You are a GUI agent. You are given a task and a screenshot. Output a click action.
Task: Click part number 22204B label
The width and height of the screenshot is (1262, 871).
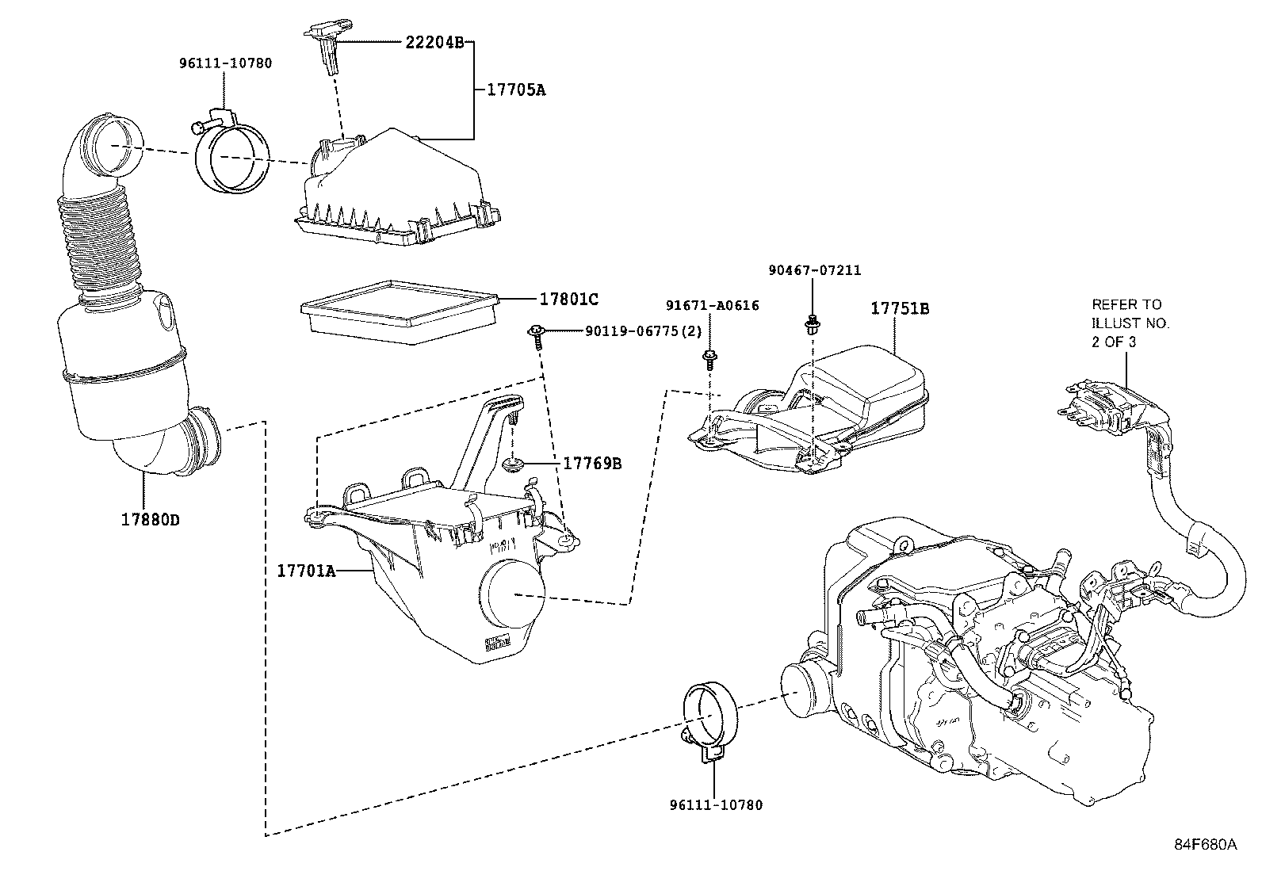[x=434, y=42]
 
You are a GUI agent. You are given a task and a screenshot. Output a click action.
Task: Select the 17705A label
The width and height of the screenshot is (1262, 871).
[x=515, y=90]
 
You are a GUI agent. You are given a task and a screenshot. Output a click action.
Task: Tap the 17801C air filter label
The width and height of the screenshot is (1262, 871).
[x=568, y=300]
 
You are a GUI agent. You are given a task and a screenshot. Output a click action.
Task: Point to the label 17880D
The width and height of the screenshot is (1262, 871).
[x=151, y=520]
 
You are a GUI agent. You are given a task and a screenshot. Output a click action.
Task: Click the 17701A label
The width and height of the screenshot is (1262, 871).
[x=306, y=570]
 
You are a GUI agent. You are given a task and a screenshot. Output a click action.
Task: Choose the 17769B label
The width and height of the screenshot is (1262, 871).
[x=591, y=463]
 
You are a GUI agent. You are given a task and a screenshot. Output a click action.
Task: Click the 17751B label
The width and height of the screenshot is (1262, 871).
[x=900, y=308]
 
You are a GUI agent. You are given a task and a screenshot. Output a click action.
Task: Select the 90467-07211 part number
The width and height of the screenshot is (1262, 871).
[x=814, y=270]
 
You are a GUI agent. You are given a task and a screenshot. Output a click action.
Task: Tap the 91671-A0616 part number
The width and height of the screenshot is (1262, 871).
[x=712, y=306]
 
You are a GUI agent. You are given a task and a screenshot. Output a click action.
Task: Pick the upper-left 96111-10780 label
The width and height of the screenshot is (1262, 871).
[x=224, y=63]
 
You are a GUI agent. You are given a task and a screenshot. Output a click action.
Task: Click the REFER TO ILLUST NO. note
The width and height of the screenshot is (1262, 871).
[x=1130, y=323]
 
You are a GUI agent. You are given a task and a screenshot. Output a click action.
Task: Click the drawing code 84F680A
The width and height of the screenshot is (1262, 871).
[x=1205, y=844]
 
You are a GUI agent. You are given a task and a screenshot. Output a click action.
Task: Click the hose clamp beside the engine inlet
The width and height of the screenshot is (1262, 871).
[x=709, y=720]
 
